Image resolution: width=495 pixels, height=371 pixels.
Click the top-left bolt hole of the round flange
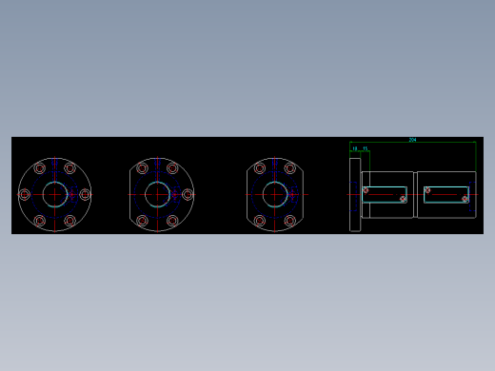tap(40, 168)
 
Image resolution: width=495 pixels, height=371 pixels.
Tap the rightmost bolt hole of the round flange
tap(85, 194)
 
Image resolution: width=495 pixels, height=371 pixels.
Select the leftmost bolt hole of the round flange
tap(25, 194)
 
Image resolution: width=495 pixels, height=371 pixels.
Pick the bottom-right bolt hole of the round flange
tap(69, 221)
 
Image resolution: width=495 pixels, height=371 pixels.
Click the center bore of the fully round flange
tap(54, 194)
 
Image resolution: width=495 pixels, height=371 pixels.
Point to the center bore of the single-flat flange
tap(157, 194)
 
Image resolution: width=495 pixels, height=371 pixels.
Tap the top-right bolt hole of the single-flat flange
tap(172, 168)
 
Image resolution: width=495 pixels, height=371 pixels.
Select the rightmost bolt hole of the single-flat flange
tap(188, 194)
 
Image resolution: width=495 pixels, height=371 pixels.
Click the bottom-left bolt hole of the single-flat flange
tap(142, 221)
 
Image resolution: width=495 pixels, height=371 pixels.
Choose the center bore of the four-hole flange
tap(275, 194)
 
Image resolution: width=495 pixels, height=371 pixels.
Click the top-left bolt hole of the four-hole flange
tap(260, 168)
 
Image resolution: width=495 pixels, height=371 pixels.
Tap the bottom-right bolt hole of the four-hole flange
tap(290, 221)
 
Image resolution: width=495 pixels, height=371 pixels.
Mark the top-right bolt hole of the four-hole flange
tap(290, 168)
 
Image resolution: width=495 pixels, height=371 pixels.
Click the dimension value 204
tap(412, 140)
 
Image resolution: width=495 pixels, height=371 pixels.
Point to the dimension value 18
tap(355, 148)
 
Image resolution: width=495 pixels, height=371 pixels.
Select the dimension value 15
tap(366, 148)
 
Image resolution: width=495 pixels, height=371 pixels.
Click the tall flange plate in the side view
tap(355, 194)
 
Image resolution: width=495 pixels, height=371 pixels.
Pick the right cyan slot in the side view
tap(446, 194)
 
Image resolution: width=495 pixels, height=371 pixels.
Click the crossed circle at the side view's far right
tap(465, 199)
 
